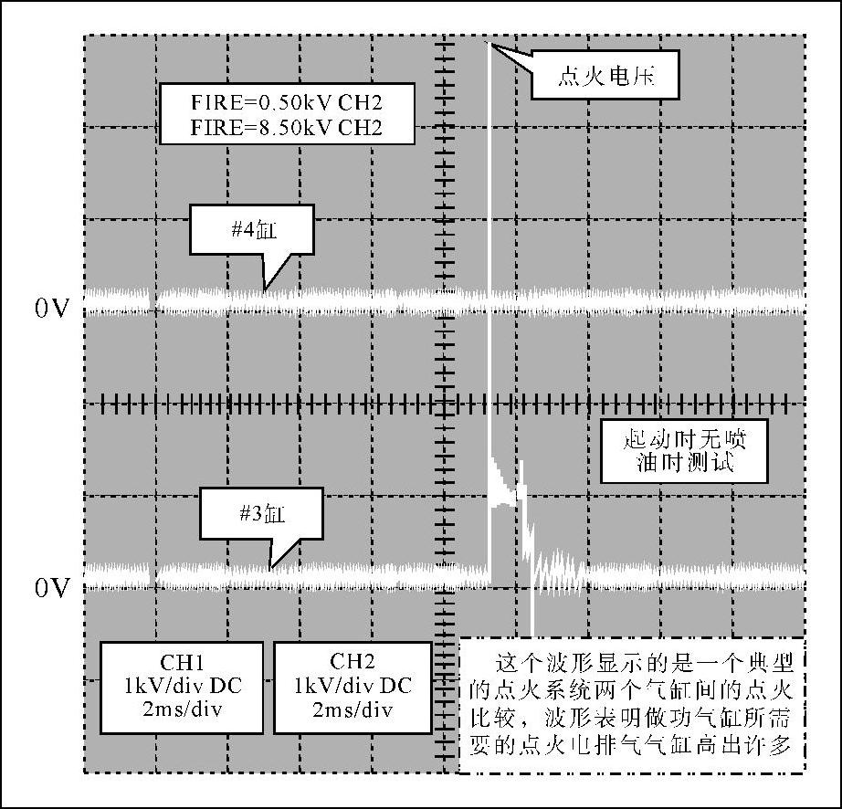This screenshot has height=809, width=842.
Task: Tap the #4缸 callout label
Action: pyautogui.click(x=251, y=230)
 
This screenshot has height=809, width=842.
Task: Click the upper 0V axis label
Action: pyautogui.click(x=52, y=309)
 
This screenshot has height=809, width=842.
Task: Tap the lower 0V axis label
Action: pyautogui.click(x=52, y=588)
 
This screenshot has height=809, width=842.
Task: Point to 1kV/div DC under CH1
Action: pyautogui.click(x=181, y=685)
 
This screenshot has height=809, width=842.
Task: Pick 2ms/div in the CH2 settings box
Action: pyautogui.click(x=352, y=709)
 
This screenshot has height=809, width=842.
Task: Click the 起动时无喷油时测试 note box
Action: pyautogui.click(x=684, y=451)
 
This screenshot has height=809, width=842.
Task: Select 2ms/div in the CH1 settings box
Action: pyautogui.click(x=181, y=709)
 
